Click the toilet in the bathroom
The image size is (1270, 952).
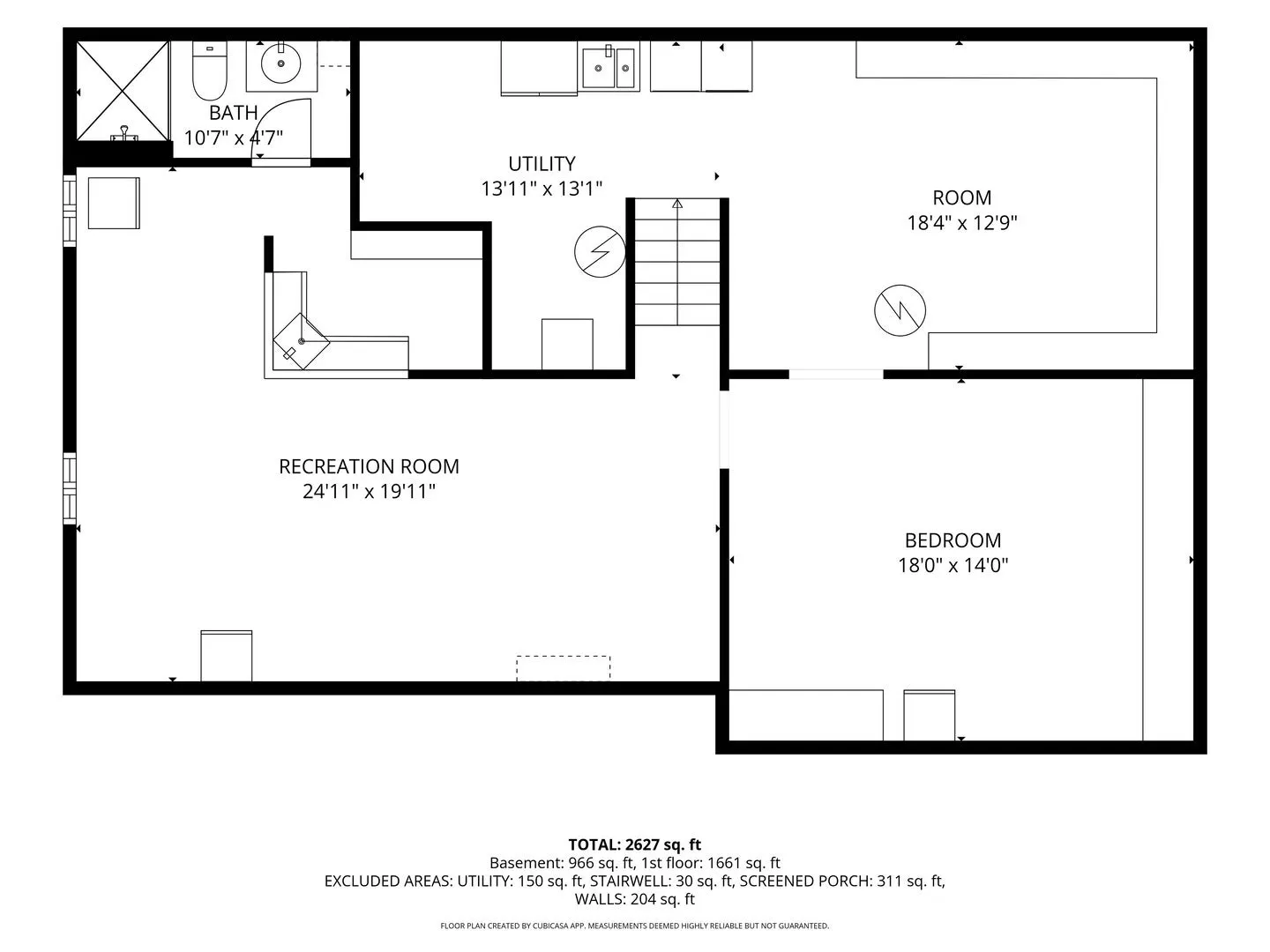pos(209,71)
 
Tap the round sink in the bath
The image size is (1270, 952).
pos(280,63)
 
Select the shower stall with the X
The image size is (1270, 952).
pos(122,91)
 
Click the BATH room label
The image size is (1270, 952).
pos(233,112)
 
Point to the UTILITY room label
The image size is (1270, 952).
pos(542,164)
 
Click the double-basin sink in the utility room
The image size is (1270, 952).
pos(608,68)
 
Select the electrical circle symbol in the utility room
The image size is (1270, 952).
pos(600,251)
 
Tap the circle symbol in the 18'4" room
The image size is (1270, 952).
pos(900,310)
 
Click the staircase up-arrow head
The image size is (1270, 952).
pos(677,204)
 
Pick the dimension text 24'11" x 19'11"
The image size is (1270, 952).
pos(369,491)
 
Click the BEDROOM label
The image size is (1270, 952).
pos(952,540)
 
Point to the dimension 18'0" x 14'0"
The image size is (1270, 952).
pos(952,565)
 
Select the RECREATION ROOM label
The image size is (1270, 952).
pos(369,466)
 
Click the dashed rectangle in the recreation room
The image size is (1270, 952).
pos(563,668)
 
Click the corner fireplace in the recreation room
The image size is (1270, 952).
pos(301,341)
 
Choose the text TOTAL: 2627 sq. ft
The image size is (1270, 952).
pos(634,845)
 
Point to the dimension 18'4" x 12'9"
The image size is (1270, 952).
pos(961,223)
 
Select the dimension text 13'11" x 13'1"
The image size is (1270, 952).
pos(542,189)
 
